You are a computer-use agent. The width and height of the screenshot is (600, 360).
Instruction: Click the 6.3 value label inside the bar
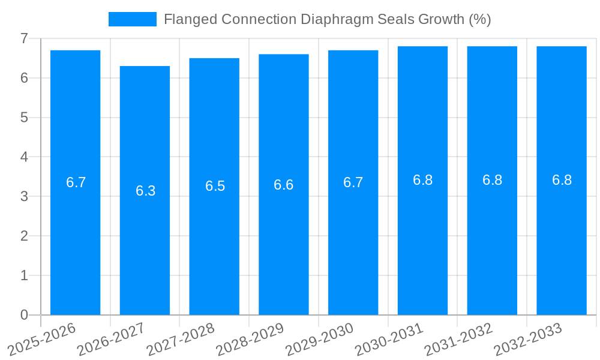145,191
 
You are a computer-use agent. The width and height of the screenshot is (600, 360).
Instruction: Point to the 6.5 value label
215,186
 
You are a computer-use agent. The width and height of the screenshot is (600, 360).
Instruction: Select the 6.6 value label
284,185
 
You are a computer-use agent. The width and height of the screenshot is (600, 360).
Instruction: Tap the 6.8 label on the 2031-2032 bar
492,180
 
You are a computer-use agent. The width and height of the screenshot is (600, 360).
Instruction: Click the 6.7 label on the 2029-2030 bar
353,182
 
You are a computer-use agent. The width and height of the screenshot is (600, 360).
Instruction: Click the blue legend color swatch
132,19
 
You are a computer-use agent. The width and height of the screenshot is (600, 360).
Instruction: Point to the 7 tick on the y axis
24,38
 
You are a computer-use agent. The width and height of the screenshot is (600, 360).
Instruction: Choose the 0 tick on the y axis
24,315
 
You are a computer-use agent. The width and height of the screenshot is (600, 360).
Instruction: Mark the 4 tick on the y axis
24,157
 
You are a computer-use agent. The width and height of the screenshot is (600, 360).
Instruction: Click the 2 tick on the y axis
24,236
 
